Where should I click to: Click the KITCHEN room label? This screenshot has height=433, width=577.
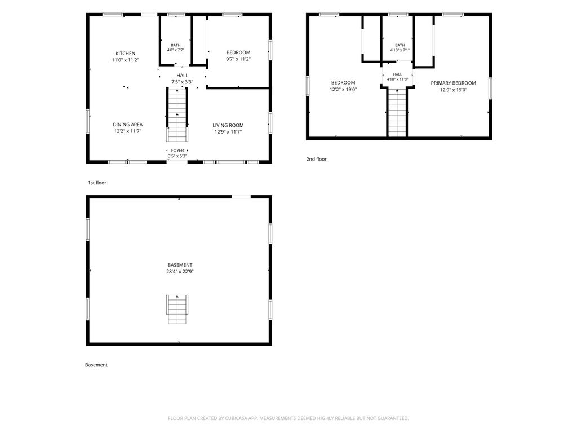[126, 54]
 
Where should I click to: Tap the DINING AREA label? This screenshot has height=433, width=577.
[128, 125]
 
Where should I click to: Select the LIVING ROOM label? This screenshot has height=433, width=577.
[228, 125]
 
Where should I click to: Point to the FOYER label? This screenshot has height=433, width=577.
[177, 151]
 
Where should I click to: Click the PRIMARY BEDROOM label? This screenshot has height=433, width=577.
[454, 83]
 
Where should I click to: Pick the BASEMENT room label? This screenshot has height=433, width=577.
[180, 265]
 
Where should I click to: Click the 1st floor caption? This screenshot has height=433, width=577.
[97, 183]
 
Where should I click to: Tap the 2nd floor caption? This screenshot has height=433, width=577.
[317, 159]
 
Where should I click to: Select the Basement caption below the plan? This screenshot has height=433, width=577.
[96, 365]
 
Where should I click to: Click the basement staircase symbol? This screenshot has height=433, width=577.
[177, 310]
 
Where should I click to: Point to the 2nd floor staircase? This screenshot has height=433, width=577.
[397, 112]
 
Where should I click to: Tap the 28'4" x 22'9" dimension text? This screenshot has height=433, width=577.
[180, 272]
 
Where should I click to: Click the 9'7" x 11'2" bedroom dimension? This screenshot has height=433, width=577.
[238, 59]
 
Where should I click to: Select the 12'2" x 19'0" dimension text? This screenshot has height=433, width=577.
[343, 90]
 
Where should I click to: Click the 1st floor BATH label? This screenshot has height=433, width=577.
[176, 45]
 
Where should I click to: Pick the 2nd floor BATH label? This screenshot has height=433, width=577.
[400, 45]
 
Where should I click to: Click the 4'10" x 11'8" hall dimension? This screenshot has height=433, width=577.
[397, 79]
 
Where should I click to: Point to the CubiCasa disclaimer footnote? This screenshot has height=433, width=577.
[288, 418]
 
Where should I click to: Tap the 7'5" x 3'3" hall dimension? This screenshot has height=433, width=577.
[182, 82]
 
